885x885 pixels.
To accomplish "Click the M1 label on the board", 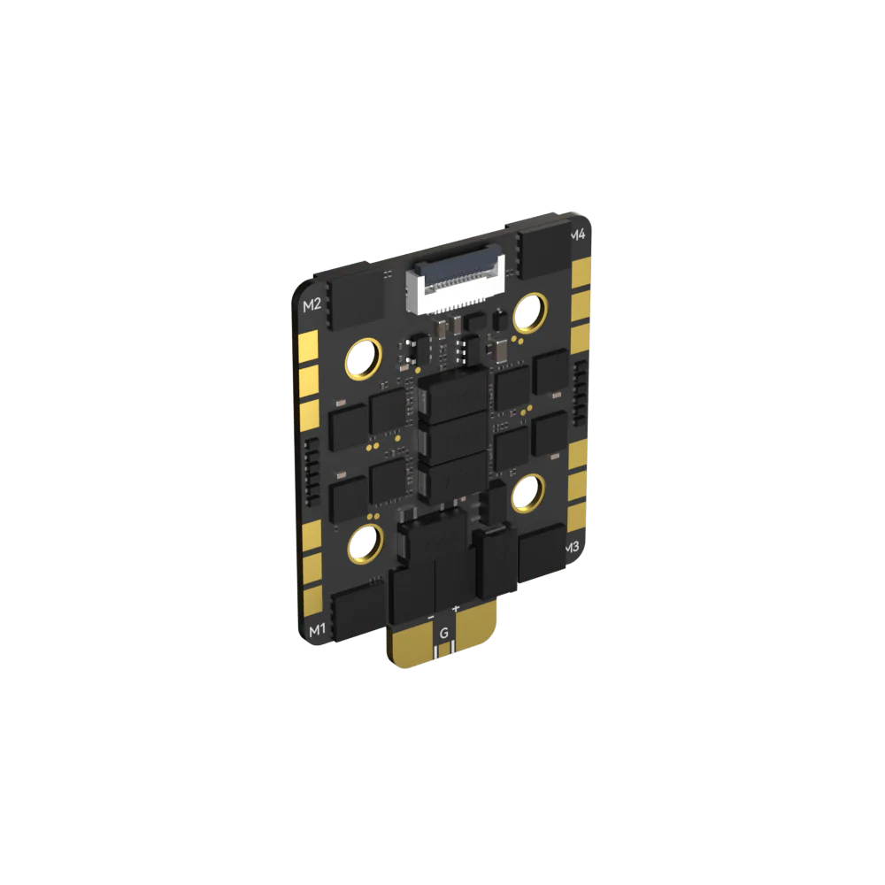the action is pyautogui.click(x=317, y=629).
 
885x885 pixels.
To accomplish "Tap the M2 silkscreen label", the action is pyautogui.click(x=312, y=305).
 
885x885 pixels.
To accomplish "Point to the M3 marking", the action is pyautogui.click(x=572, y=547).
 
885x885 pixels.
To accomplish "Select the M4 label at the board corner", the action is pyautogui.click(x=578, y=235).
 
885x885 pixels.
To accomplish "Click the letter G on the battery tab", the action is pyautogui.click(x=444, y=633).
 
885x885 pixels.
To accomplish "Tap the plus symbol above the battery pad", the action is pyautogui.click(x=456, y=609).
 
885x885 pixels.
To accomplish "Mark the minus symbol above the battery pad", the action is pyautogui.click(x=431, y=618).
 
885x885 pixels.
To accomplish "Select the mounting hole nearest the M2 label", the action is pyautogui.click(x=364, y=359).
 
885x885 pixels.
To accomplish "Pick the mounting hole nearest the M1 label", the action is pyautogui.click(x=366, y=544).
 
